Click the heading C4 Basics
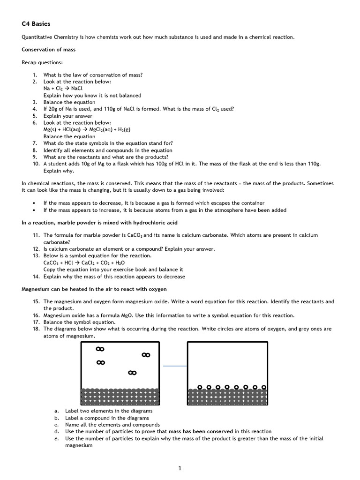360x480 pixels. [36, 23]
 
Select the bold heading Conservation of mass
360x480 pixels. [49, 49]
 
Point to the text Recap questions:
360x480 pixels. [42, 62]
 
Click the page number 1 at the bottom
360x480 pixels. [180, 468]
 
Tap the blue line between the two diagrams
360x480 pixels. [175, 366]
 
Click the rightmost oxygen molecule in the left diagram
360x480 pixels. [146, 355]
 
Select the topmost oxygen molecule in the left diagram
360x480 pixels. [100, 349]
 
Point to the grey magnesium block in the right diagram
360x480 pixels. [227, 397]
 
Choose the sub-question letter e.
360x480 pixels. [56, 439]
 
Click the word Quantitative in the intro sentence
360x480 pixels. [37, 37]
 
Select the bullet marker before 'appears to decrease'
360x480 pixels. [34, 203]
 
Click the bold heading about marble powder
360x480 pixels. [99, 222]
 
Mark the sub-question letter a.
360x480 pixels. [56, 411]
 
